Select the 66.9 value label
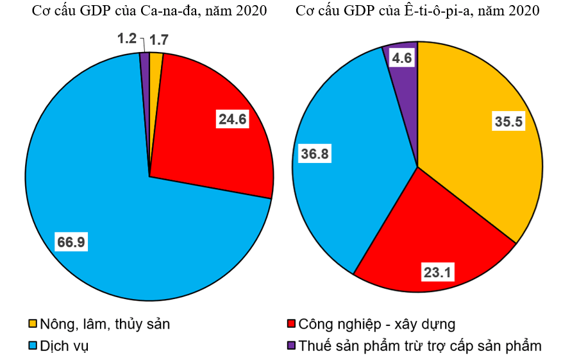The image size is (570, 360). point(71,242)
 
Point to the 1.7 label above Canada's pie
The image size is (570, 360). point(160,40)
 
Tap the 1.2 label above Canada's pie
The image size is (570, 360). point(127,39)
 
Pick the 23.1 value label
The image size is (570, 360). point(438,273)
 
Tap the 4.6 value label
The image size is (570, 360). point(402,59)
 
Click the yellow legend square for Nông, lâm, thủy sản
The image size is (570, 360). point(33,324)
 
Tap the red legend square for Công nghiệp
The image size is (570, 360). point(292,324)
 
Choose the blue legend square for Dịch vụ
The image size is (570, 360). point(33,346)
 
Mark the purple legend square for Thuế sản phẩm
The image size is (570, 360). point(292,346)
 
